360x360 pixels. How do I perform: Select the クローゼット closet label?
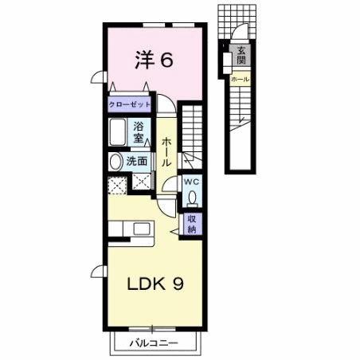(x=131, y=104)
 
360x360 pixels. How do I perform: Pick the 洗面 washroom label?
(x=136, y=161)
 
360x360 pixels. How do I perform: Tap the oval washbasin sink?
(x=115, y=161)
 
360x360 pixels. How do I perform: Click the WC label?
(x=192, y=182)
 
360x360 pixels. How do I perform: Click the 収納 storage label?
(x=192, y=224)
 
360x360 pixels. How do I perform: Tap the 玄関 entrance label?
(x=240, y=57)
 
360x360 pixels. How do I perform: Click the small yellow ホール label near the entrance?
(x=239, y=80)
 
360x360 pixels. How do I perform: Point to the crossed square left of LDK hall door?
(x=142, y=182)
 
